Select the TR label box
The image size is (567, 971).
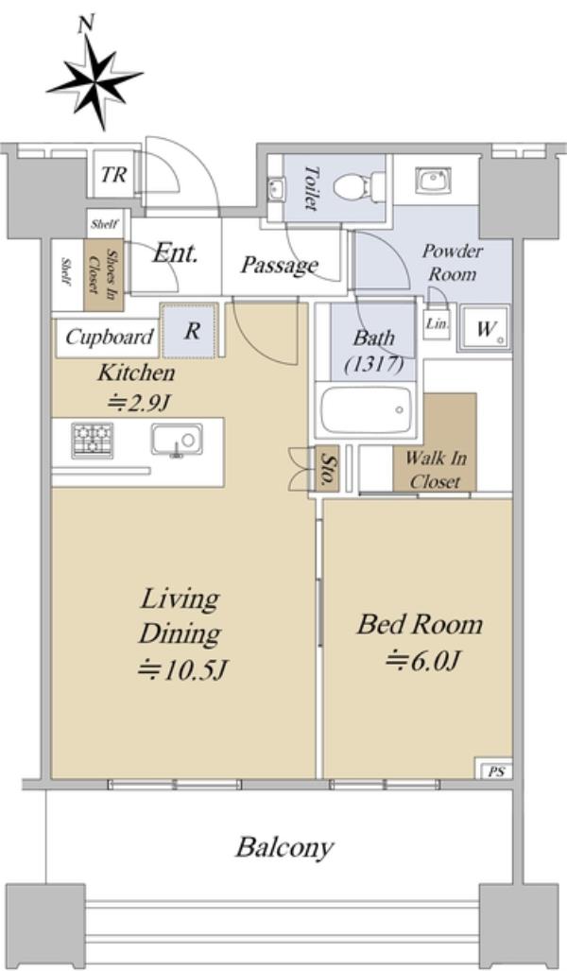pyautogui.click(x=114, y=175)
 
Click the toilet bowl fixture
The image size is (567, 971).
pyautogui.click(x=353, y=184)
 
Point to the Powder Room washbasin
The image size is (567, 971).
pyautogui.click(x=435, y=181)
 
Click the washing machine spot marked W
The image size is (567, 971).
pyautogui.click(x=486, y=329)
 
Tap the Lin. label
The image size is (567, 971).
pyautogui.click(x=437, y=324)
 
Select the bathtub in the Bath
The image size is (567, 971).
pyautogui.click(x=365, y=409)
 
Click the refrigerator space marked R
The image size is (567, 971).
pyautogui.click(x=191, y=331)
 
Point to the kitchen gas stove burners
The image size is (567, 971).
pyautogui.click(x=93, y=441)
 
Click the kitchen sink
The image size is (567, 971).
pyautogui.click(x=177, y=441)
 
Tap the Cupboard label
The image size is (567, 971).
pyautogui.click(x=110, y=338)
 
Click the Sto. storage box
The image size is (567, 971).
pyautogui.click(x=327, y=469)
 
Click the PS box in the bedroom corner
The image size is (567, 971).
pyautogui.click(x=495, y=772)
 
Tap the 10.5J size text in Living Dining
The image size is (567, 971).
pyautogui.click(x=183, y=669)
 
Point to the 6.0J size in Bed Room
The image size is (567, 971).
pyautogui.click(x=422, y=661)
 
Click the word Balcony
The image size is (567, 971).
pyautogui.click(x=284, y=847)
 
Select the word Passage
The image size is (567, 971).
pyautogui.click(x=279, y=265)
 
